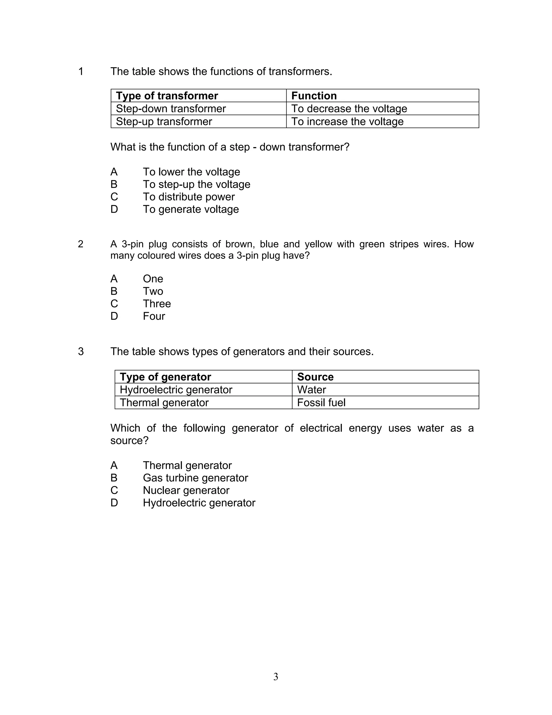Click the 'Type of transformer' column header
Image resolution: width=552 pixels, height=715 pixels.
coord(167,96)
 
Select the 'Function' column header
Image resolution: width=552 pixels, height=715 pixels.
coord(314,96)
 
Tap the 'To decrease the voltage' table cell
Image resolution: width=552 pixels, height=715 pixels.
coord(349,108)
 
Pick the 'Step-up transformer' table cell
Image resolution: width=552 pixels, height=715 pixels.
coord(164,121)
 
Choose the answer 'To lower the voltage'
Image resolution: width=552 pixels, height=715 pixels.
coord(191,172)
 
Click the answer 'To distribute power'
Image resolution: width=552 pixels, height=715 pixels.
coord(189,197)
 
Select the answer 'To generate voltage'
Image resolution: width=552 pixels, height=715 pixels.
coord(191,209)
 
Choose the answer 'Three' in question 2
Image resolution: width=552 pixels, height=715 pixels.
coord(157,304)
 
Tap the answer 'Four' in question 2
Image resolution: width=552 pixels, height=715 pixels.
coord(154,316)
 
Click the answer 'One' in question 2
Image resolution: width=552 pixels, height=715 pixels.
coord(153,279)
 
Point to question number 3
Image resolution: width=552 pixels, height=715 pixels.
coord(81,351)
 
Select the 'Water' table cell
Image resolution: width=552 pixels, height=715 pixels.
coord(311,390)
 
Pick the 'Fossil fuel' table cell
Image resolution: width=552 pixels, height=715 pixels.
coord(321,402)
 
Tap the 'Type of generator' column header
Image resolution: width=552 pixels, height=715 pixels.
coord(165,377)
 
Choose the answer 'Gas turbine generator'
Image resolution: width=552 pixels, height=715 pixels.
coord(195,478)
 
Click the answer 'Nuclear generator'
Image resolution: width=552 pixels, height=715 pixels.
coord(186,490)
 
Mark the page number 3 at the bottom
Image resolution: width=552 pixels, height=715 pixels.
coord(276,676)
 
